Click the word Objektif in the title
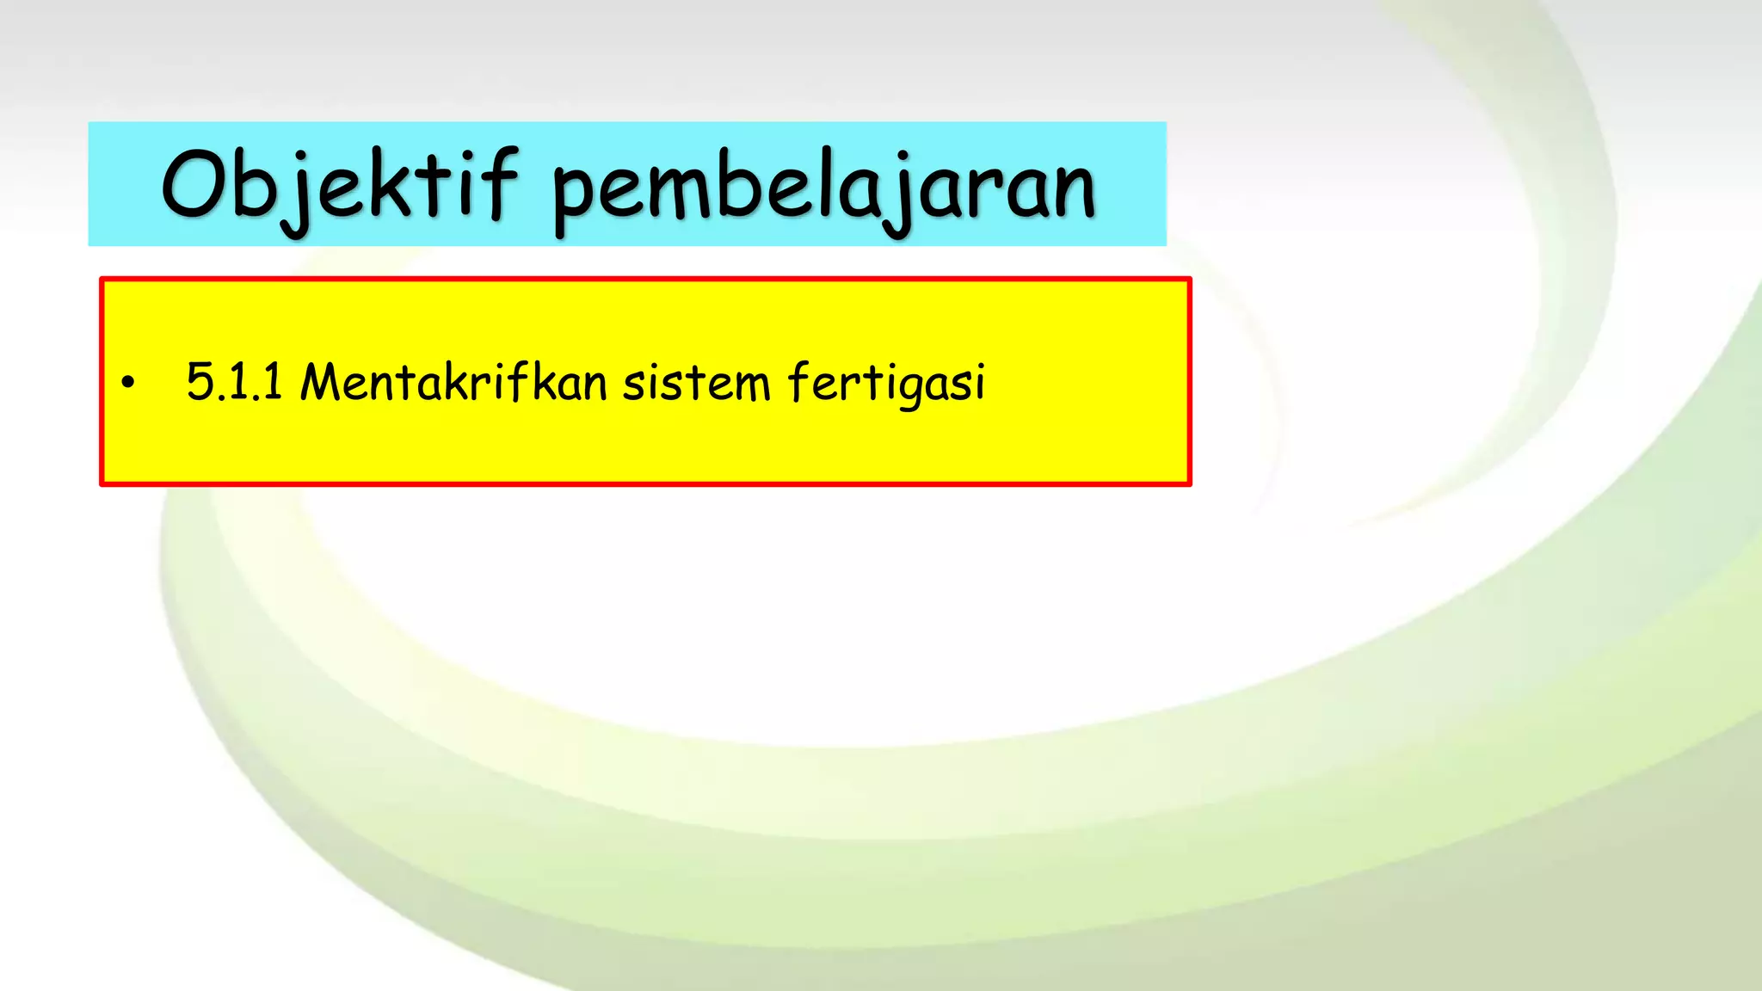pos(340,185)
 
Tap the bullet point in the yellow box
pos(128,383)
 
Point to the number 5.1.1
pos(234,382)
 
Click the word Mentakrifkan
pos(453,382)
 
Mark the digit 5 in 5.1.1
pos(200,382)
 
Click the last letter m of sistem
pos(751,385)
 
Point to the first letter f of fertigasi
pos(799,382)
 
